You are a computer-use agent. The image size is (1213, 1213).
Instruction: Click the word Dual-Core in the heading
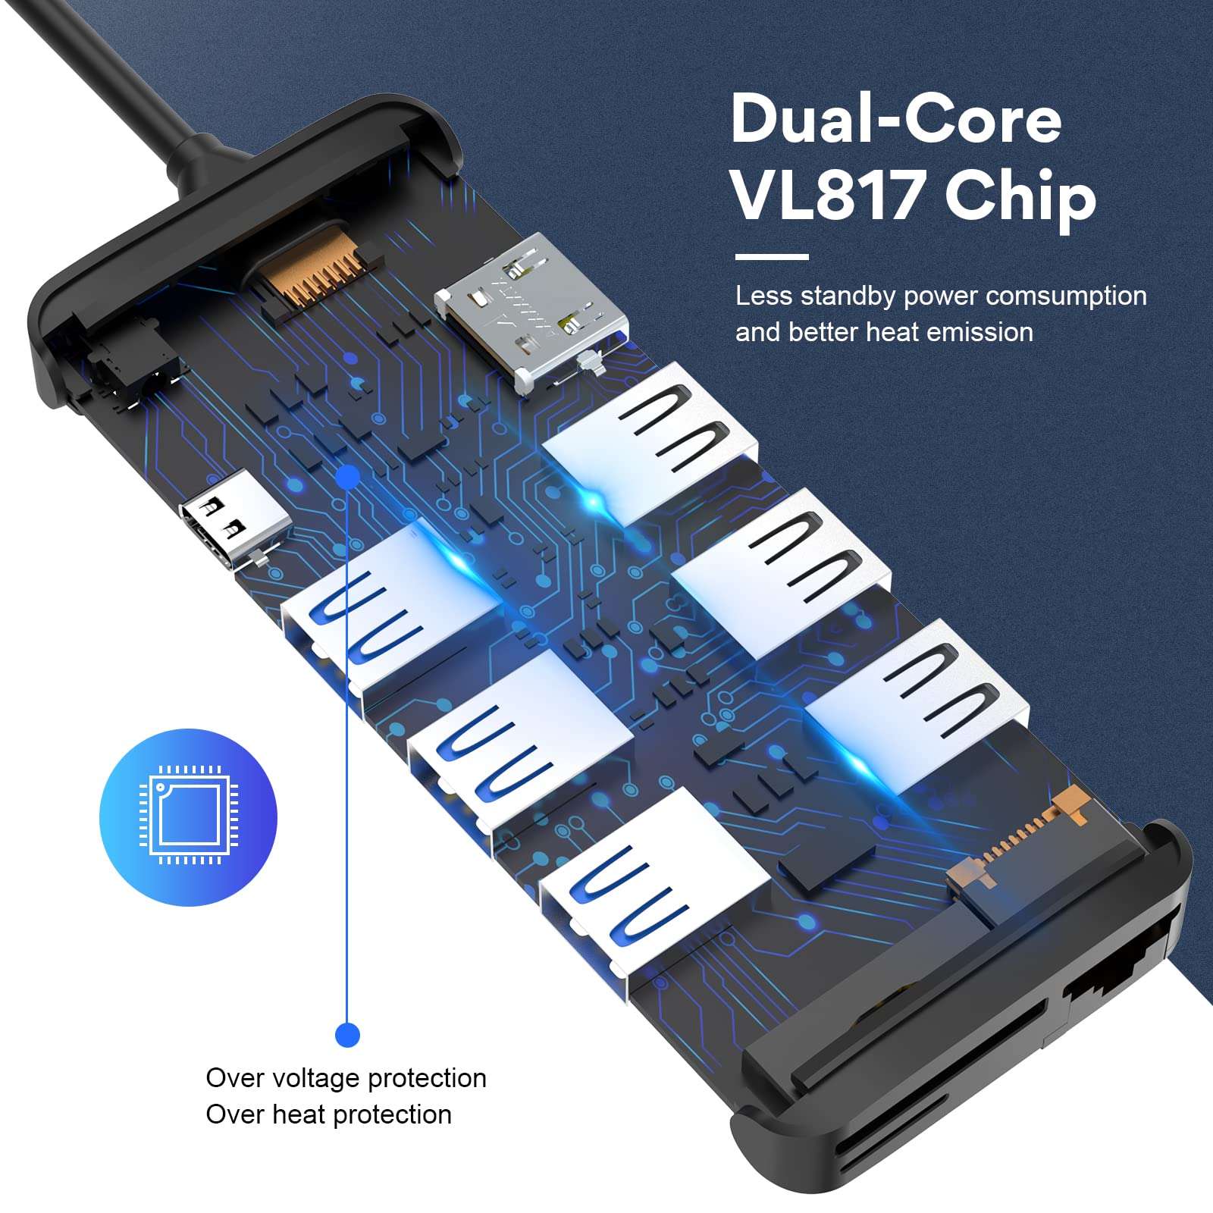tap(896, 120)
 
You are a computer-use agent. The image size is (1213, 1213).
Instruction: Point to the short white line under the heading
tap(772, 257)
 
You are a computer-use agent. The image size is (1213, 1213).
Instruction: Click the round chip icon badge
tap(188, 817)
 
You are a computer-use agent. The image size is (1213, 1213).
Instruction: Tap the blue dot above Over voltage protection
tap(347, 1034)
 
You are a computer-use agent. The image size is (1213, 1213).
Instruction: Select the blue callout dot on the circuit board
tap(348, 477)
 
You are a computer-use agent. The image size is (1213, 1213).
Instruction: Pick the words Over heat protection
tap(328, 1114)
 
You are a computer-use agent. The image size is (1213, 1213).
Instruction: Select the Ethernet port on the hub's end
tap(1118, 978)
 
